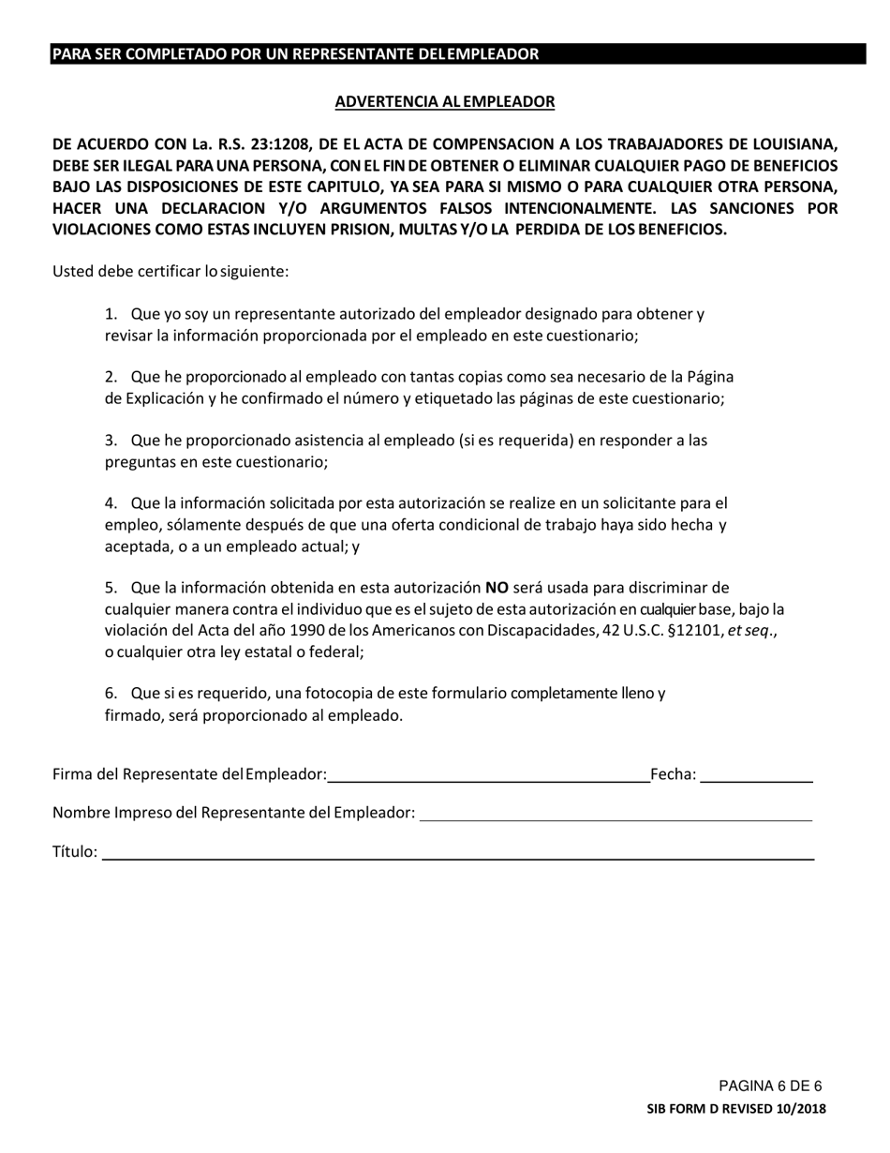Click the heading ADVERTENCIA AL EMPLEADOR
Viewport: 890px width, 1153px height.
pos(445,101)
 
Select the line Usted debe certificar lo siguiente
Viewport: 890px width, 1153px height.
pos(171,272)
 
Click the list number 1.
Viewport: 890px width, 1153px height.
pos(111,314)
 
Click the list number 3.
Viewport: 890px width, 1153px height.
pos(111,440)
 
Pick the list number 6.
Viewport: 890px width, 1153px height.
pos(111,694)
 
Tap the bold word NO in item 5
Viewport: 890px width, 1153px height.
pos(497,589)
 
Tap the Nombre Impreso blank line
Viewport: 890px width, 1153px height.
pos(616,814)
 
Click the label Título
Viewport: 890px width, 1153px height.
pos(75,852)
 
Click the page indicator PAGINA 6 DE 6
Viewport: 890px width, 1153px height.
pos(770,1086)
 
